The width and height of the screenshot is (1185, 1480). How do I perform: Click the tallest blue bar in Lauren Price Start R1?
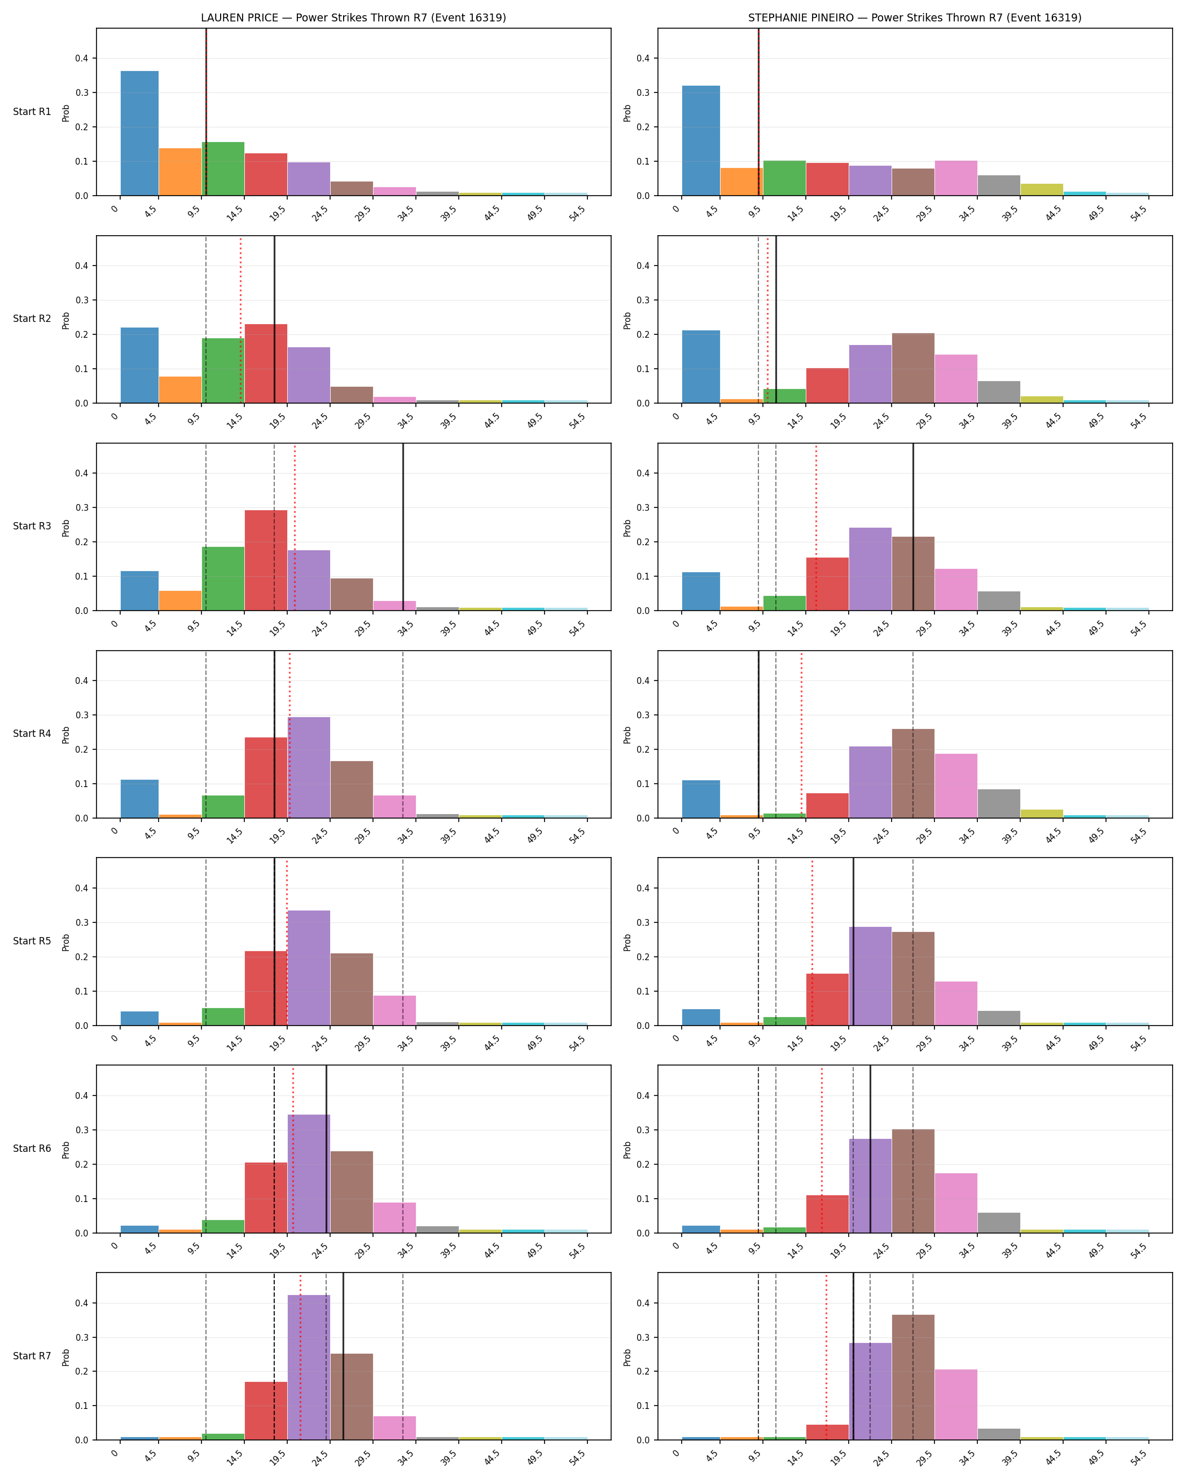click(x=139, y=133)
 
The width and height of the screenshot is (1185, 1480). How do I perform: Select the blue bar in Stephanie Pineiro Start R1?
click(x=701, y=141)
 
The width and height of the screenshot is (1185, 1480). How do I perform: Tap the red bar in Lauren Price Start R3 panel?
click(x=266, y=560)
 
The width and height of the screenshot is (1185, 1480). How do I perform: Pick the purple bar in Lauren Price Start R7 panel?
click(x=309, y=1367)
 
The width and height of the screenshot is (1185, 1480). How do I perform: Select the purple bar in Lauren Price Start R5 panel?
click(x=309, y=968)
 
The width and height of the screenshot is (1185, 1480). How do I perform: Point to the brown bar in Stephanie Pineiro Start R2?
click(x=913, y=368)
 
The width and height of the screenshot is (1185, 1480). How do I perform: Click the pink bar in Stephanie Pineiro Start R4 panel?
click(x=955, y=786)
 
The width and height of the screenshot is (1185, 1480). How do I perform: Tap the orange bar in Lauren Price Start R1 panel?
click(x=180, y=171)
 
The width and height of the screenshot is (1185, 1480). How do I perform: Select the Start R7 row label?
click(x=32, y=1356)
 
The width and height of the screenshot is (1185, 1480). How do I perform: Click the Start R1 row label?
click(x=32, y=112)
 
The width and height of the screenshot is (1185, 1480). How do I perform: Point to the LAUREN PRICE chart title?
click(x=353, y=18)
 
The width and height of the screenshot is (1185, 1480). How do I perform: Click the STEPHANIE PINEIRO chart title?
click(x=914, y=18)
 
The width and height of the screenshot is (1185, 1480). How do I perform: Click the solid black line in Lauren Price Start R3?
click(x=403, y=527)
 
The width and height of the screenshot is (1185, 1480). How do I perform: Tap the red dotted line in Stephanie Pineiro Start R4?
click(x=801, y=735)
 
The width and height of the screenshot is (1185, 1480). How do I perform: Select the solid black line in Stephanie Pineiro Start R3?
click(x=913, y=527)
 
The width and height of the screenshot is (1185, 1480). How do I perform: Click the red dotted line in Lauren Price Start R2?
click(x=240, y=319)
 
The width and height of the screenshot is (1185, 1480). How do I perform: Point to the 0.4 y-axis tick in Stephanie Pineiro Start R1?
click(x=644, y=58)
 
